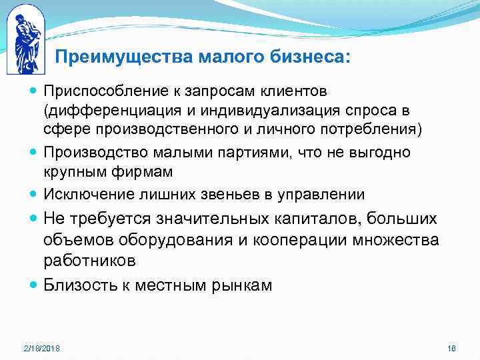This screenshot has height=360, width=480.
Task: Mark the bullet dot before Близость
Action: [34, 285]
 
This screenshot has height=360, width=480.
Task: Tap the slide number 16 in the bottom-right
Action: [451, 349]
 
